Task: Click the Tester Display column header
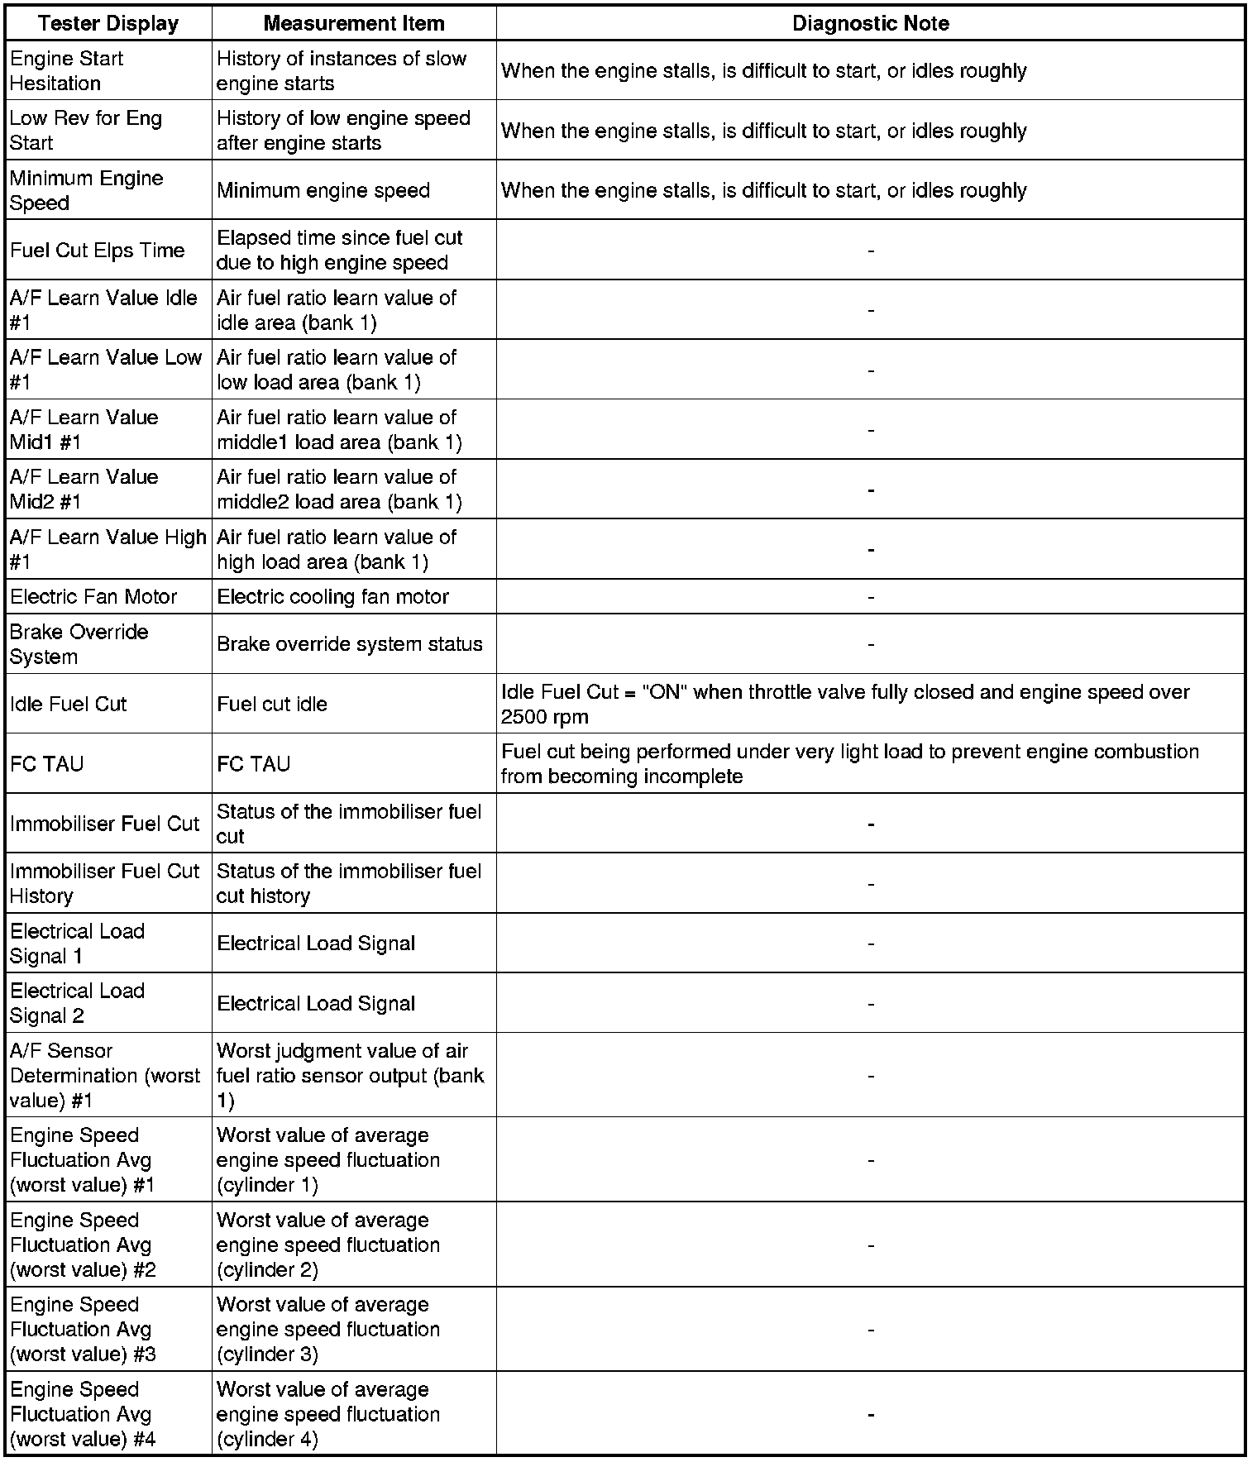(108, 23)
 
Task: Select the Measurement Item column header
(354, 23)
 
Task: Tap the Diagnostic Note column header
(870, 23)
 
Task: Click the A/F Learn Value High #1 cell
(108, 549)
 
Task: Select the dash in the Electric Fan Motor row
(871, 597)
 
